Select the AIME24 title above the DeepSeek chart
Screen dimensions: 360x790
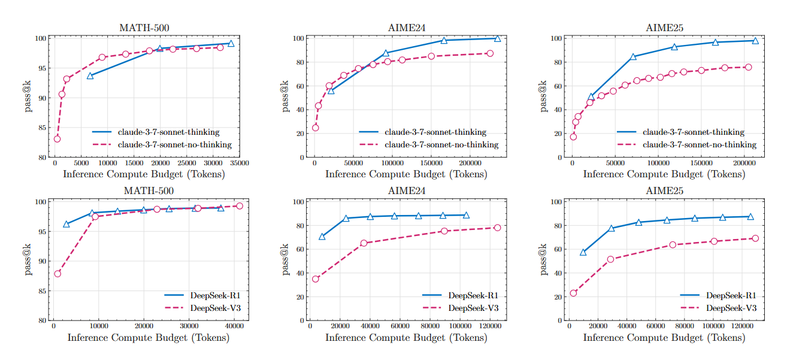(406, 192)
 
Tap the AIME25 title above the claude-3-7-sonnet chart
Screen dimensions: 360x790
(664, 28)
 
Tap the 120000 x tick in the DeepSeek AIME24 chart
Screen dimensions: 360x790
(491, 326)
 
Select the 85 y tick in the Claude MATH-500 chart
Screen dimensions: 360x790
(41, 128)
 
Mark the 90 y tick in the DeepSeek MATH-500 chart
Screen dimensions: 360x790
(41, 261)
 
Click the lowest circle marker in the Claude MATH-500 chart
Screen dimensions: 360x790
(57, 139)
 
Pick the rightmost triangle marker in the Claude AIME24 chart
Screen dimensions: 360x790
(497, 39)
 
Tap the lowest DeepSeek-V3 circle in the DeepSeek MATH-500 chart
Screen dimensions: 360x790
(57, 274)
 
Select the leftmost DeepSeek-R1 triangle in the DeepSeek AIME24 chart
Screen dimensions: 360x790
(322, 237)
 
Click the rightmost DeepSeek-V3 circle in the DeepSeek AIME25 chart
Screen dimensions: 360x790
(755, 238)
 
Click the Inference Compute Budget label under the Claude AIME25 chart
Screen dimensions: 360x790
(664, 174)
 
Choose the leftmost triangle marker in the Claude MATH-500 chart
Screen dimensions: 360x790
(90, 76)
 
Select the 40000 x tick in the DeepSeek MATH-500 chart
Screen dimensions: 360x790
(234, 326)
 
